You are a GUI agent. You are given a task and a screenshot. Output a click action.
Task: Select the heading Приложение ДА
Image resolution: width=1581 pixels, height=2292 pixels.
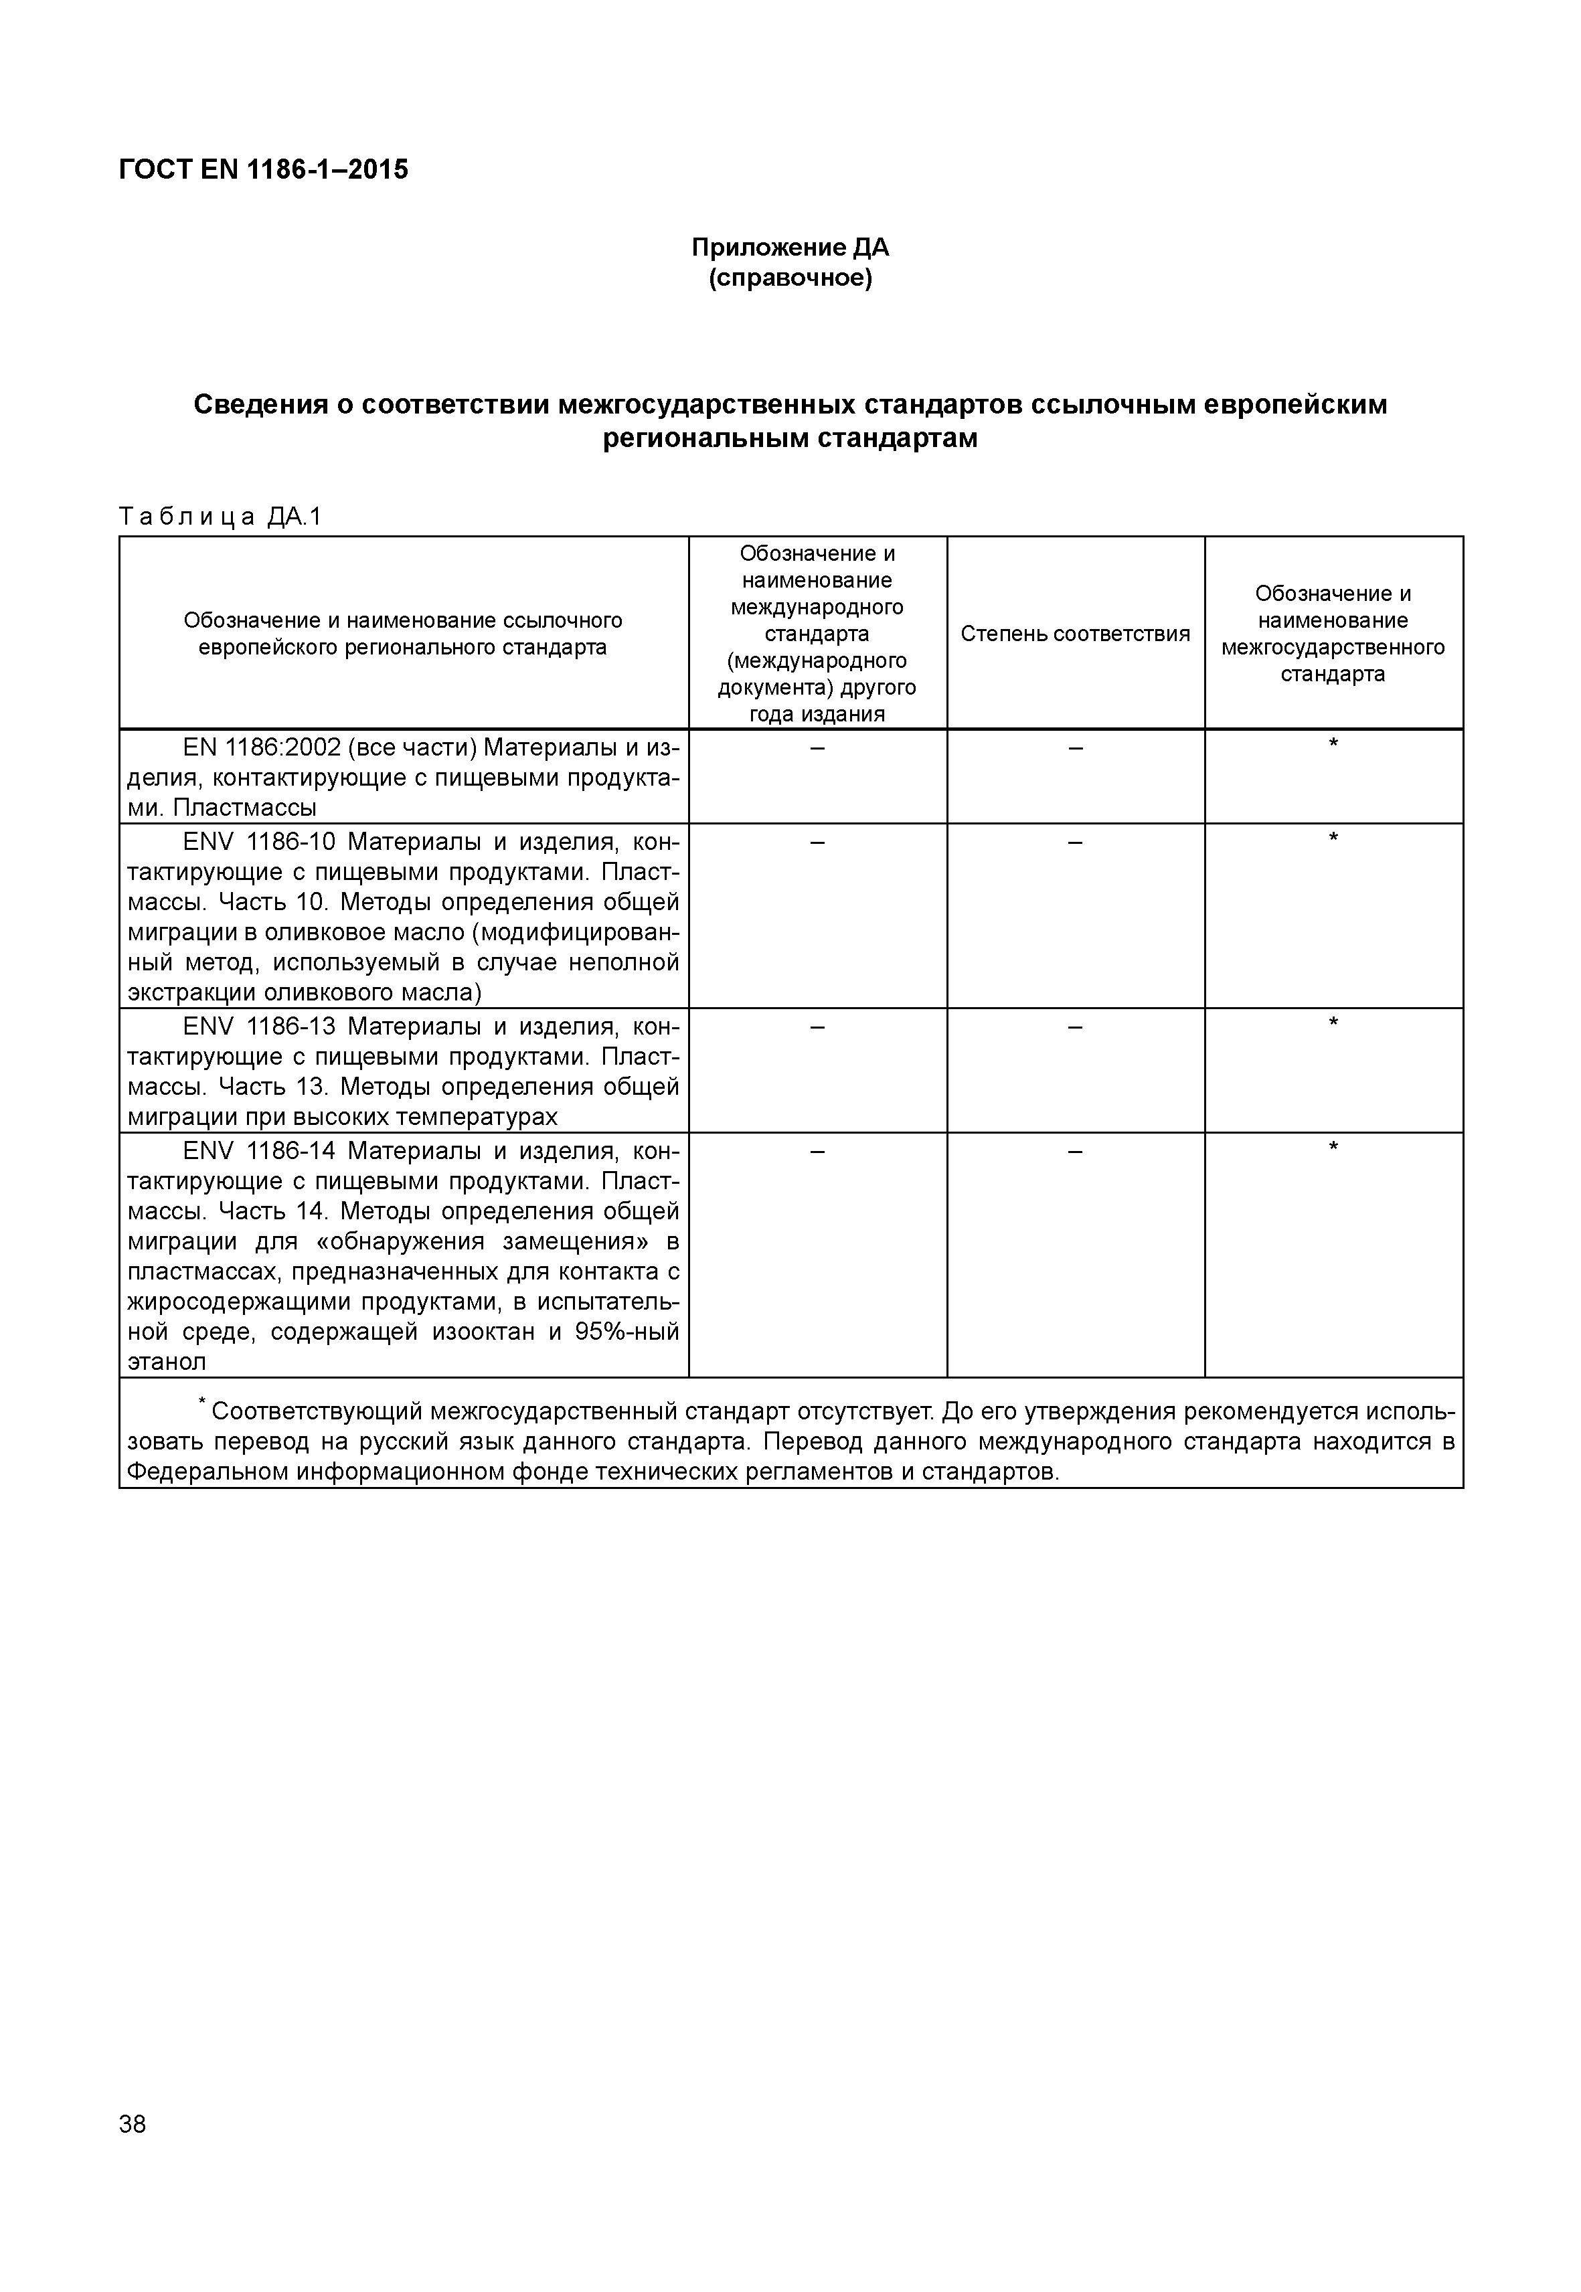[x=790, y=247]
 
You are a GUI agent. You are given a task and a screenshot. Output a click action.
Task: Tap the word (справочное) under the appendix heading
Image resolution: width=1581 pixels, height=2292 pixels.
[x=790, y=278]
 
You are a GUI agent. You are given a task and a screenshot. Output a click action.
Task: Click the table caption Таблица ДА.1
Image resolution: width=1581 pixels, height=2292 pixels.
[x=220, y=517]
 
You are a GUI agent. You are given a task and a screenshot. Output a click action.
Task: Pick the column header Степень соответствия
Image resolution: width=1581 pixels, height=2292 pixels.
[x=1075, y=634]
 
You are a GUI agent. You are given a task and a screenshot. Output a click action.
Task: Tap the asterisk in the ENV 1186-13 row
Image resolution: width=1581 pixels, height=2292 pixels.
[x=1333, y=1022]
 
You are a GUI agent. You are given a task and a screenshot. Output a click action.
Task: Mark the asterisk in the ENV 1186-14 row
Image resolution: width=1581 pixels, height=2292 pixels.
[x=1333, y=1147]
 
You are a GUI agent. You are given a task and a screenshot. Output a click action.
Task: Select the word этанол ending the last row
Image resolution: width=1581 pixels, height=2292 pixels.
[x=167, y=1362]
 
